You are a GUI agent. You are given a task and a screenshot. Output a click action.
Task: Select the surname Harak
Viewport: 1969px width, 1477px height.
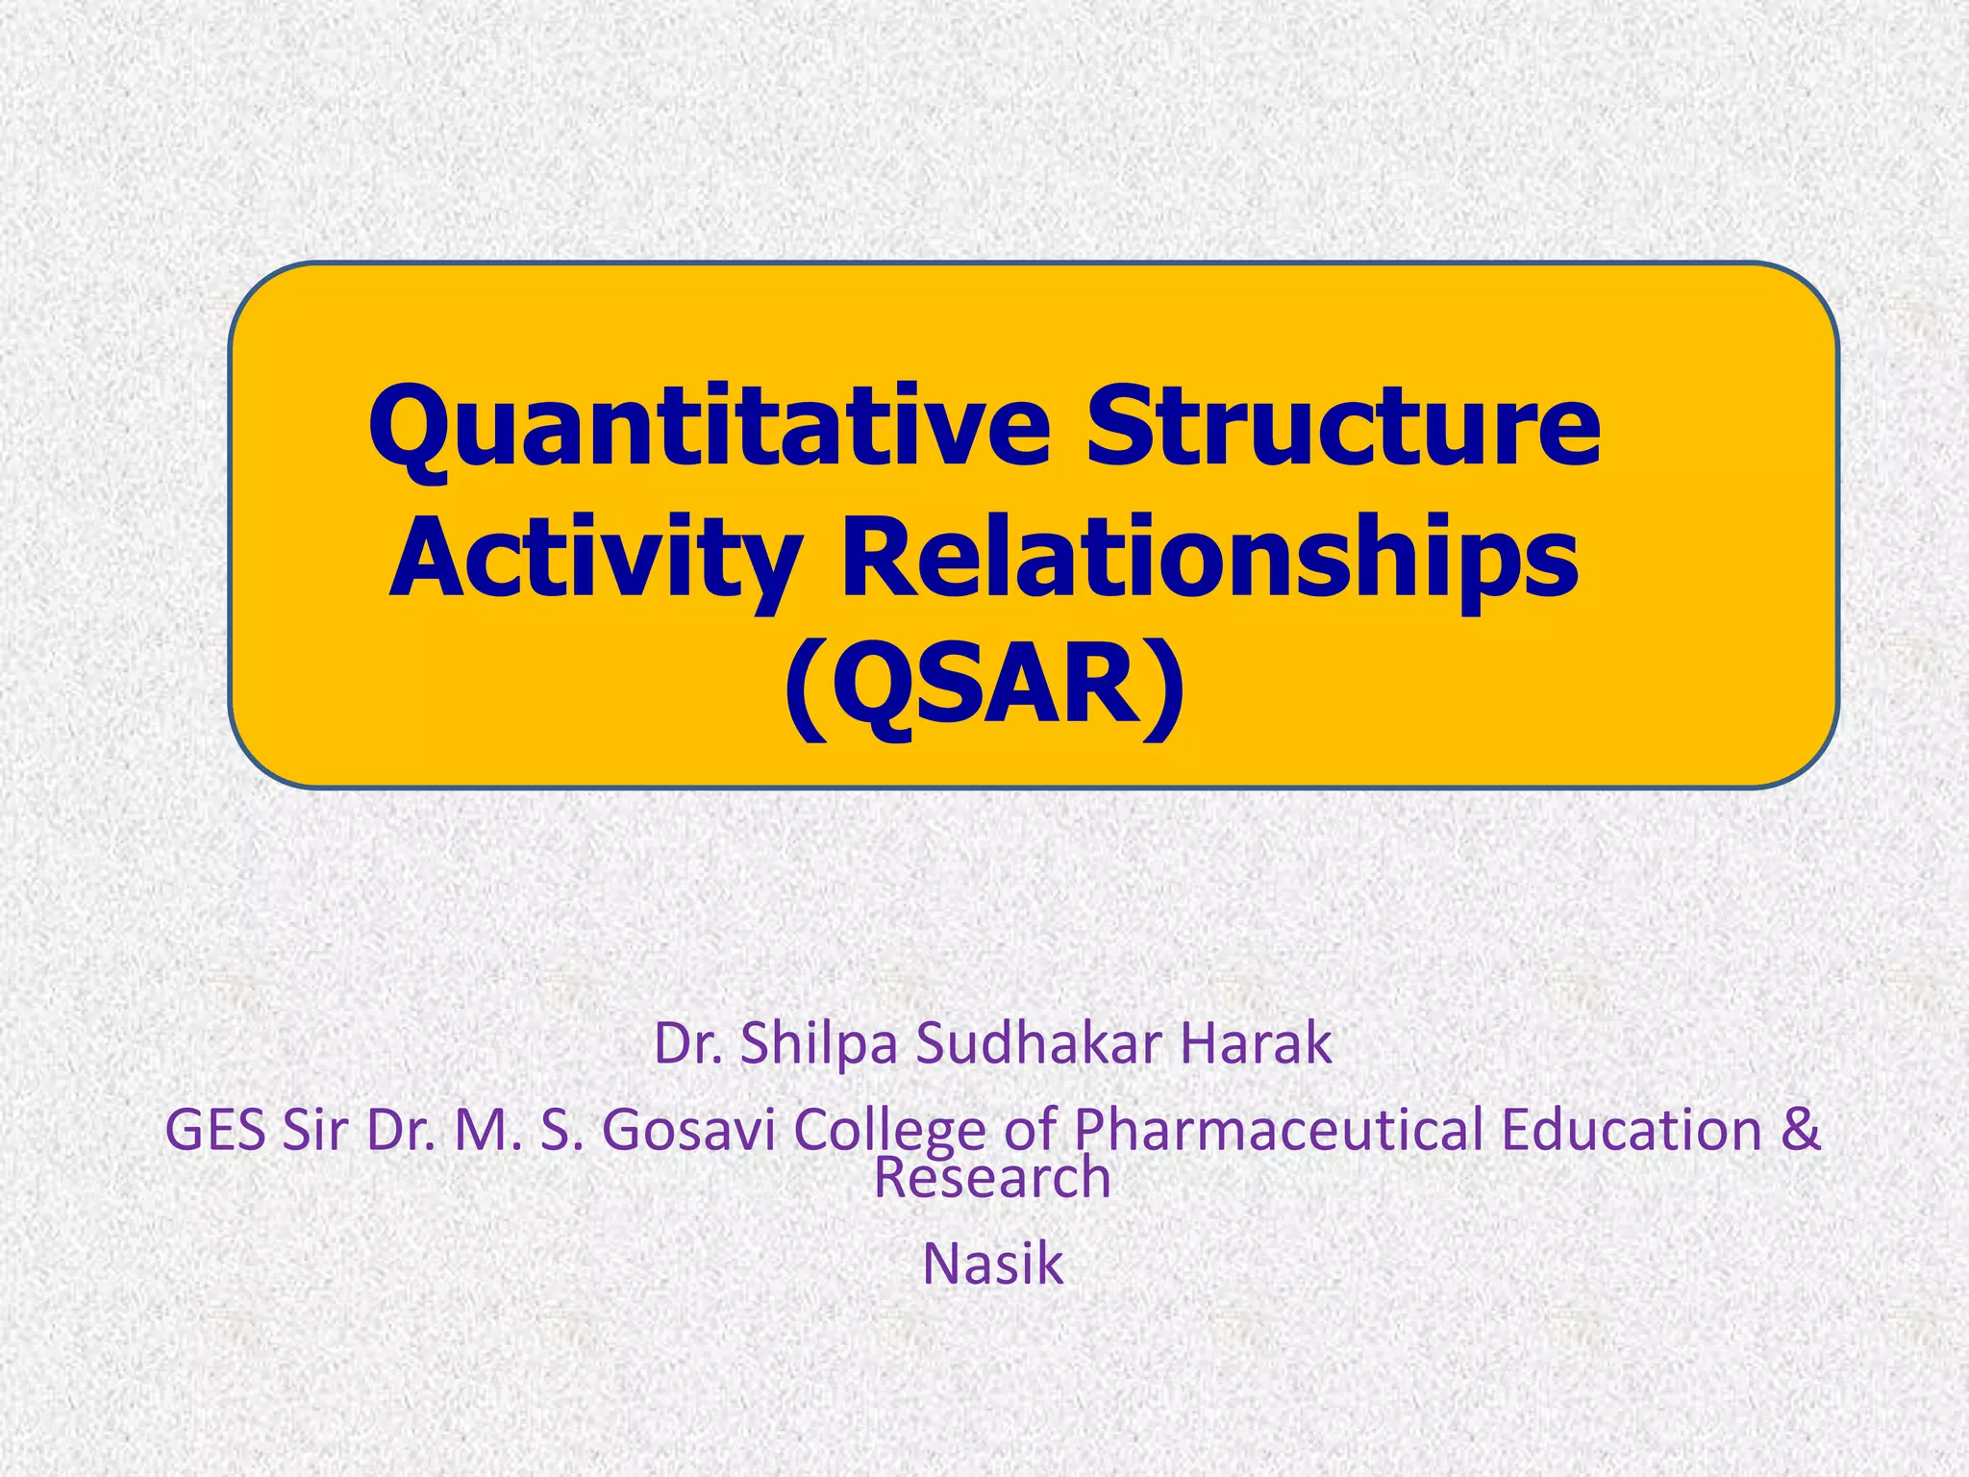[1256, 1044]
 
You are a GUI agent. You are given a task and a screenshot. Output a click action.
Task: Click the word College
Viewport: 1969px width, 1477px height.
[889, 1130]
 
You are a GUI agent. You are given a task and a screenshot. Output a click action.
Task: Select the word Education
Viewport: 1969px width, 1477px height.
[1631, 1130]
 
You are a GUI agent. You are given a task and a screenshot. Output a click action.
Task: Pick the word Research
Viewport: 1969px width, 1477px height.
[991, 1179]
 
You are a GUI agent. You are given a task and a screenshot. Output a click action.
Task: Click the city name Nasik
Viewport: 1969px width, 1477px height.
[992, 1264]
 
